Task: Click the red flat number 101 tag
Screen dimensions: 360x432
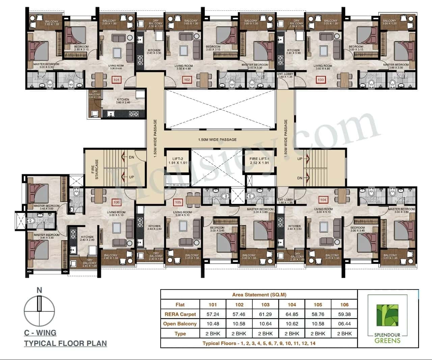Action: [116, 80]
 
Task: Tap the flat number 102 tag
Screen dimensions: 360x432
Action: [187, 80]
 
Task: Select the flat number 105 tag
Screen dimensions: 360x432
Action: [178, 202]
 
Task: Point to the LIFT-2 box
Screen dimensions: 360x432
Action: [178, 161]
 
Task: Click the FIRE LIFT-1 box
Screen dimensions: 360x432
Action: [259, 161]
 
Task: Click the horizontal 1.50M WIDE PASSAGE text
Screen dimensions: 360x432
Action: [217, 139]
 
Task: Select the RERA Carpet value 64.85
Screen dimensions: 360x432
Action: [292, 314]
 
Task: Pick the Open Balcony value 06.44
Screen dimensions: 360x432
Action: [344, 324]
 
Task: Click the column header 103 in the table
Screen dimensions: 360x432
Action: [265, 304]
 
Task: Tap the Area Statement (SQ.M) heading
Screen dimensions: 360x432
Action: [259, 295]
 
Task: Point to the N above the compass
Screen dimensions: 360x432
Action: [39, 290]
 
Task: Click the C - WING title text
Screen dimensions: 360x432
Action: [40, 333]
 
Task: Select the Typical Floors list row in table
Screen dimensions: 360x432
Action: [259, 343]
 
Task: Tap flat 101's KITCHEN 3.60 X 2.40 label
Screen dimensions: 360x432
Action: [123, 101]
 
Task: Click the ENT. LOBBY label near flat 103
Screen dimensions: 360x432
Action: [286, 75]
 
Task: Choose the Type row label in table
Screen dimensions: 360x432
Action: [180, 333]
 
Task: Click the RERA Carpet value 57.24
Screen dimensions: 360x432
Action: [213, 314]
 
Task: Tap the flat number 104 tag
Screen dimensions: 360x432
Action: [323, 200]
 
